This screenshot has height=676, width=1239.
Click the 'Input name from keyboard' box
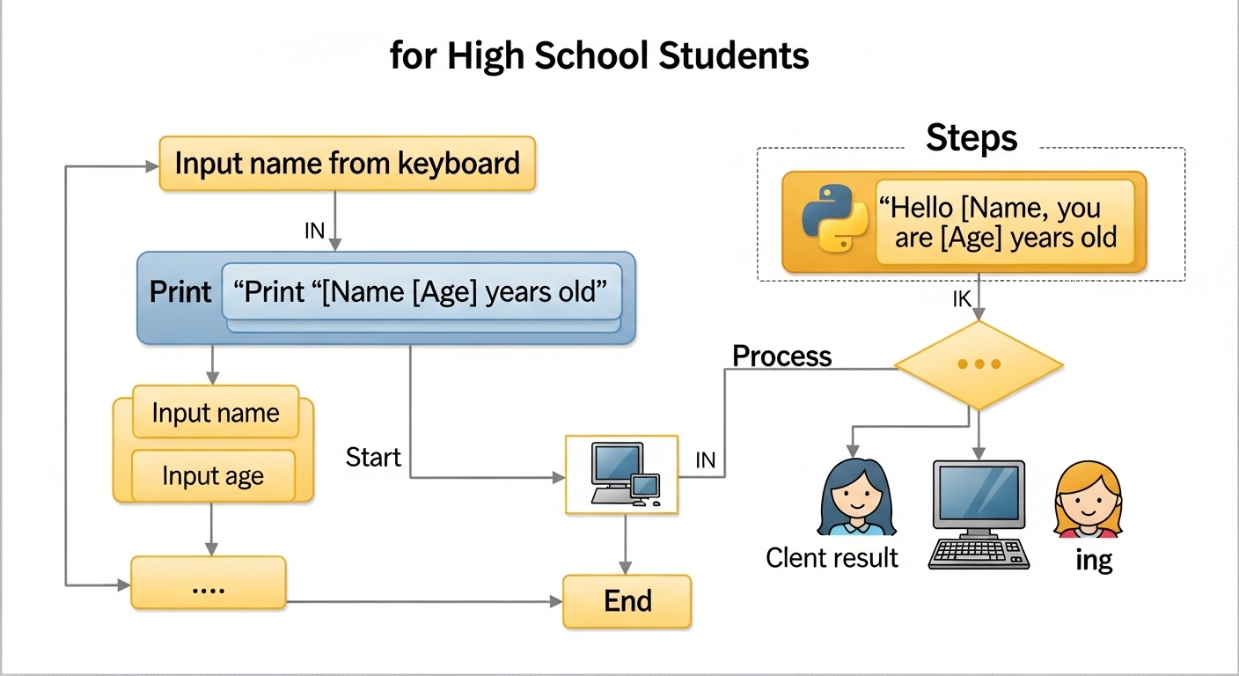(x=347, y=164)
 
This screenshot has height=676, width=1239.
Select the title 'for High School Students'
(x=599, y=56)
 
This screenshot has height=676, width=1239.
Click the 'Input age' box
(x=213, y=476)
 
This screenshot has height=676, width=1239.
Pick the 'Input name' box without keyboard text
(x=216, y=413)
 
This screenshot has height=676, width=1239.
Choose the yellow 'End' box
(x=627, y=601)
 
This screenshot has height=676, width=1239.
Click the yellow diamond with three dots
(x=979, y=364)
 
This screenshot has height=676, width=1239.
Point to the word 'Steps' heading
(x=971, y=138)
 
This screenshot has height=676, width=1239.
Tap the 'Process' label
(x=781, y=356)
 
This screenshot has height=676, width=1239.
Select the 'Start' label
(x=373, y=458)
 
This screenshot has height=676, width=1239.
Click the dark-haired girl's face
(x=855, y=503)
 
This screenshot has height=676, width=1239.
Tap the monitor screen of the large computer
(x=978, y=493)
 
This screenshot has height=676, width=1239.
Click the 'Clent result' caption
(x=832, y=557)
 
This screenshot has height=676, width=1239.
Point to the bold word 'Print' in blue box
(x=180, y=292)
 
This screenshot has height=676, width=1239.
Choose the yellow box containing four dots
(x=209, y=583)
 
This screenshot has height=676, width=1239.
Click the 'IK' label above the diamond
(x=962, y=299)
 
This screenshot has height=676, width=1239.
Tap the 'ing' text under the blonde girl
(x=1094, y=560)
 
